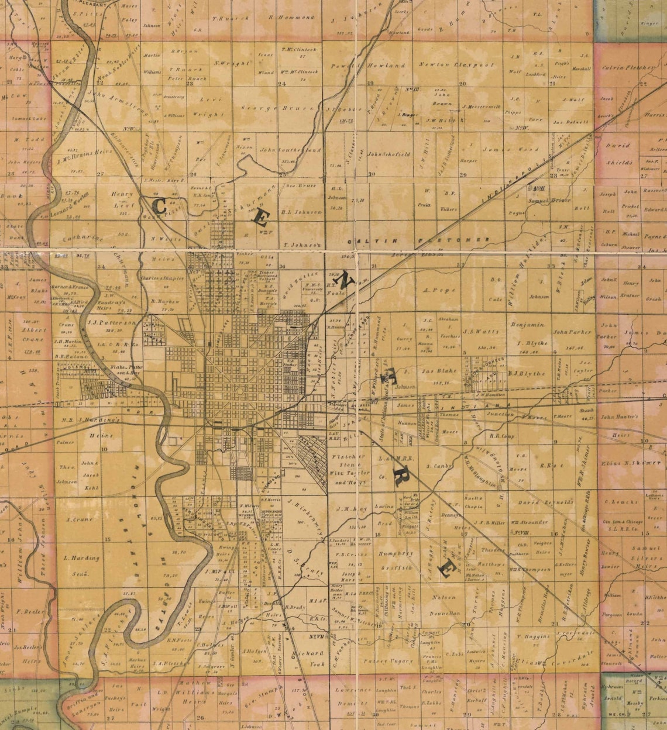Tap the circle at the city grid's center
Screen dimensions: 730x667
click(239, 390)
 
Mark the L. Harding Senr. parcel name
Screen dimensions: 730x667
click(82, 563)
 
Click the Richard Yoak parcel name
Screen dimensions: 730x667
click(308, 658)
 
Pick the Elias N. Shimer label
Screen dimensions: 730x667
click(628, 463)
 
